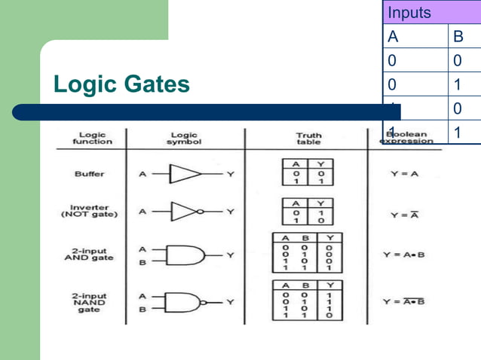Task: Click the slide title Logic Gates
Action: pos(121,85)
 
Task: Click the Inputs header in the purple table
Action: pos(409,13)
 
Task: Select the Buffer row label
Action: pos(90,174)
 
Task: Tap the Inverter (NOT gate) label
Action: pos(90,211)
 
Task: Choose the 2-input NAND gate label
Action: pos(90,303)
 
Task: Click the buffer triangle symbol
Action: pos(184,174)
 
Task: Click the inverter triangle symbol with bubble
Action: pos(185,211)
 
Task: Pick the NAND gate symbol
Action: pos(188,302)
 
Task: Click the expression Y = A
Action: pos(404,174)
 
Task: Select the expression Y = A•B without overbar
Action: pos(404,255)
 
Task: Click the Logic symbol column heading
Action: pos(185,139)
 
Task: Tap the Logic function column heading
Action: pos(92,139)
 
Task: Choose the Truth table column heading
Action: pos(308,139)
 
